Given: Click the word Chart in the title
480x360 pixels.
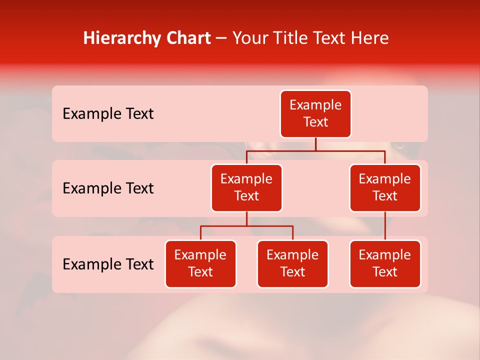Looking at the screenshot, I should pos(189,38).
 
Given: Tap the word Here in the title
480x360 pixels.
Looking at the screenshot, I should pos(370,38).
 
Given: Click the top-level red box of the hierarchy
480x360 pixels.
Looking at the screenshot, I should pos(315,114).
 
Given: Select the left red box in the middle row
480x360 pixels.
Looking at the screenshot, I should pos(246,188).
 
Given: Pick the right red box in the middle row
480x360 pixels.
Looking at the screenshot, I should pos(385,188).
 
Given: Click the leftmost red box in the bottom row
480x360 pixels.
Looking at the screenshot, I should pos(200,264).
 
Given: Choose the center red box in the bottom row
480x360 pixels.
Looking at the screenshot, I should pos(292,264).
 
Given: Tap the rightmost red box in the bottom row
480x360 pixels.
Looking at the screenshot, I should pos(385,264).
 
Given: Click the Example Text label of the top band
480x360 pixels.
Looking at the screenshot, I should pos(108,114).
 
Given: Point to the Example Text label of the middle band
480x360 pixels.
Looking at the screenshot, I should pos(108,188).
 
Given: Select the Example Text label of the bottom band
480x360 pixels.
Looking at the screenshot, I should pos(108,264).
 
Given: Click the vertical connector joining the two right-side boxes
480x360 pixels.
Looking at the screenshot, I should pos(385,226).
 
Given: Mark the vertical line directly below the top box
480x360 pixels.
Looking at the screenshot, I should pos(315,144).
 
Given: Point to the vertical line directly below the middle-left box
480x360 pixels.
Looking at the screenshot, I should pos(246,218).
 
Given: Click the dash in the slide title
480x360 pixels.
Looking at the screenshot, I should pos(221,39).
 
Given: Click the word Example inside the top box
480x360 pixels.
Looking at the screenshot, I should pos(315,105).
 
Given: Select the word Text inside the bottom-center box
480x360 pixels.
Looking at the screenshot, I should pos(292,272).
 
